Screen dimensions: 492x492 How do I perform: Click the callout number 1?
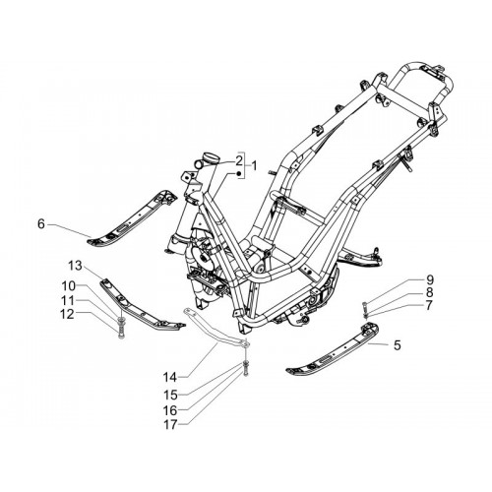click(253, 166)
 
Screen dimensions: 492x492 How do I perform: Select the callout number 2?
click(238, 161)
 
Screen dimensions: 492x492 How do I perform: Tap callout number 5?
click(398, 344)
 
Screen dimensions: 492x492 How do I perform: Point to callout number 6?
click(41, 224)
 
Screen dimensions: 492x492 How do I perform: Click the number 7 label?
click(429, 305)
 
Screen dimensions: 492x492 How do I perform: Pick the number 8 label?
click(429, 292)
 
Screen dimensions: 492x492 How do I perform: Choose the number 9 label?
click(429, 279)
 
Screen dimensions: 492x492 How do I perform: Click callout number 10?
click(69, 286)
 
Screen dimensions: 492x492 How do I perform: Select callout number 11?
click(69, 300)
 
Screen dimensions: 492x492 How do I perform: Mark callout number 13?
click(75, 266)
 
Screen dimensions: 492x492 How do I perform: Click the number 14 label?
click(170, 378)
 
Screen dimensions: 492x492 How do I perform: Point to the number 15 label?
click(170, 395)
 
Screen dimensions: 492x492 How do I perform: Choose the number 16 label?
click(170, 410)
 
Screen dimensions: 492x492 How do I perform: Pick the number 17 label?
click(170, 424)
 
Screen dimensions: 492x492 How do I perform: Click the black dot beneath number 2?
click(239, 173)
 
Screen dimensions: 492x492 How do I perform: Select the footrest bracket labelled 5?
click(332, 349)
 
